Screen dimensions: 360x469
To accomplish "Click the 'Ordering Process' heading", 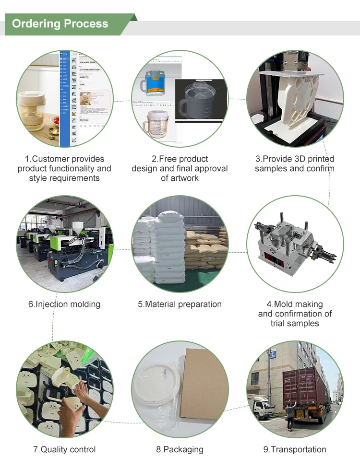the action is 60,24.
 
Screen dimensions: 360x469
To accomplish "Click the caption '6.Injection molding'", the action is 64,304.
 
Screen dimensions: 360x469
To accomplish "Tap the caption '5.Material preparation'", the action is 180,304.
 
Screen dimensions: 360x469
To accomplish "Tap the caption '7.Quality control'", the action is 64,449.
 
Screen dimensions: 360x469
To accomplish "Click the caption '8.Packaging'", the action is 180,449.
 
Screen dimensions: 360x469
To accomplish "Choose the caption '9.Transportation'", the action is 295,449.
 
